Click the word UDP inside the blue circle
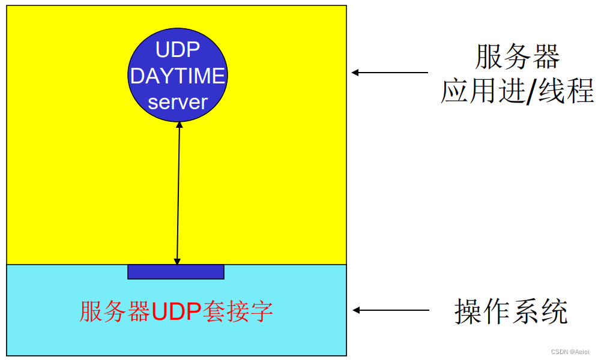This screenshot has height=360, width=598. point(177,50)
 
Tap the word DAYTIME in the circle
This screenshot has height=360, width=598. point(177,76)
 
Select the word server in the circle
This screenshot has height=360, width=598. point(177,102)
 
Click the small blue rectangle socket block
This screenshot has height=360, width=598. point(176,272)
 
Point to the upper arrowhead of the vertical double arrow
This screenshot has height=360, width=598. point(179,125)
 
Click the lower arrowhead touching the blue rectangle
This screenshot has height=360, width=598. point(177,261)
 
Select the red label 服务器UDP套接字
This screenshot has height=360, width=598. point(176,311)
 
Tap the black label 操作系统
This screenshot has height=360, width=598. point(511,311)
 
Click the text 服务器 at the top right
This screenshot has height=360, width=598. point(517,58)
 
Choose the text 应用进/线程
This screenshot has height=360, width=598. point(517,92)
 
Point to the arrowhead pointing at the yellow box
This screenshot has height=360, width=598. point(355,73)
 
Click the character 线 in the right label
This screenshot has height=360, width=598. point(551,92)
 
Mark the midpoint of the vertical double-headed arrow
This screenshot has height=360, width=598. point(178,193)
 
